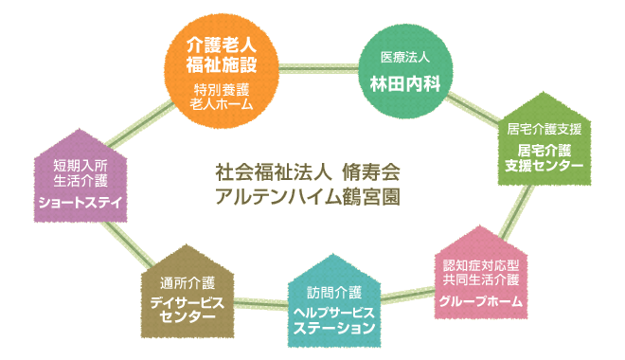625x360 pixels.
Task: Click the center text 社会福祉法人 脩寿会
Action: [308, 174]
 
